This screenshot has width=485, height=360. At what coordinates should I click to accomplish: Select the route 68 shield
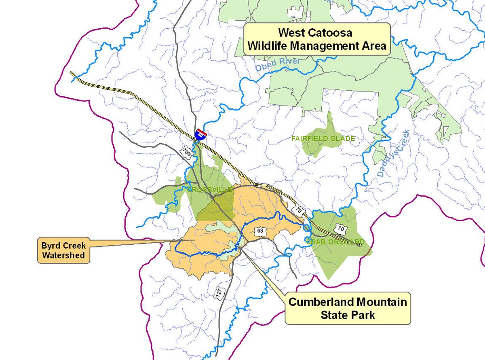coord(260,231)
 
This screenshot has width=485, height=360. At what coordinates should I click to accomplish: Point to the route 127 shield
coord(219,293)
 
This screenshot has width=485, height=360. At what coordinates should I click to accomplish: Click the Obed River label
coord(278,64)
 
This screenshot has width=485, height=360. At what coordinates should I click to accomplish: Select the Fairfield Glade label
coord(323,139)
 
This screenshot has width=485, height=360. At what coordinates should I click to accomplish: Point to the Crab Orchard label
coord(335,242)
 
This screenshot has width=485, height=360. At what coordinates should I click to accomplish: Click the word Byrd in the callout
coord(50,246)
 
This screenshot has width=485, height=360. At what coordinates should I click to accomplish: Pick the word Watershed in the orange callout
coord(63,255)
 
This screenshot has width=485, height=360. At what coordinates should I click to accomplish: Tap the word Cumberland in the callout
coord(318,302)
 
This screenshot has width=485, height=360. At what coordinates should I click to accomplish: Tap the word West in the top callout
coord(291,33)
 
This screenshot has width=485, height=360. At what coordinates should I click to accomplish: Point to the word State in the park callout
coord(334,315)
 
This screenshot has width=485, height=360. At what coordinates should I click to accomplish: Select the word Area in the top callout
coord(375,46)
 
